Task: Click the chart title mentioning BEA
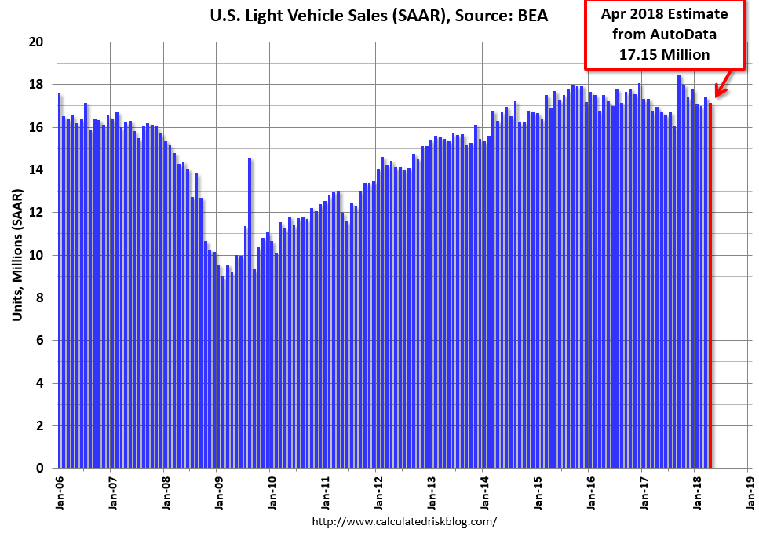(379, 16)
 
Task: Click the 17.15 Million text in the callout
(664, 54)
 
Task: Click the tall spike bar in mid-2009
(250, 314)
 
